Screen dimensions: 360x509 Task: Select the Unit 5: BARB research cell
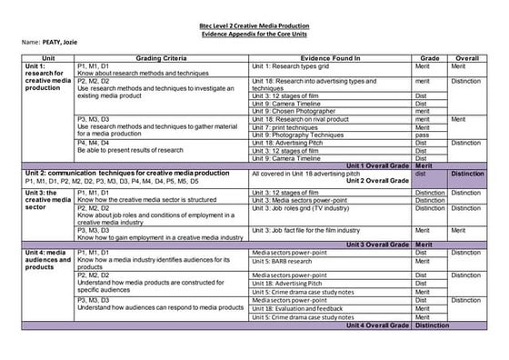(292, 261)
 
